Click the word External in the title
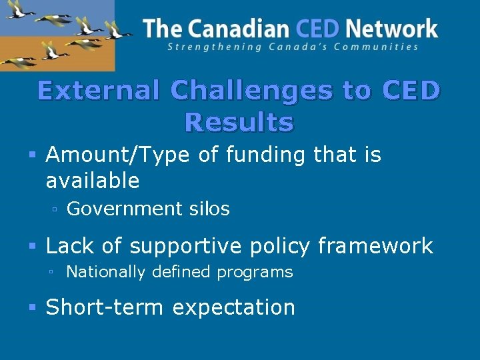click(x=98, y=91)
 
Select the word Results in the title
click(x=239, y=123)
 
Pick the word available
click(x=93, y=180)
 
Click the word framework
click(x=375, y=246)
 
